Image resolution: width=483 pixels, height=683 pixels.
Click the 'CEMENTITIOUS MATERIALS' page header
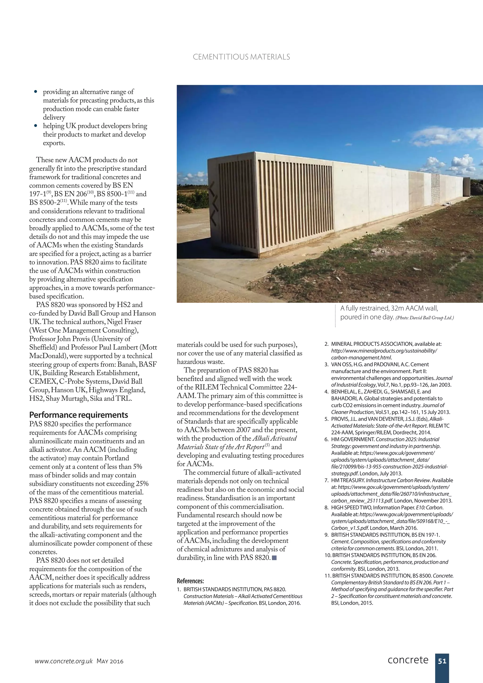tap(241, 57)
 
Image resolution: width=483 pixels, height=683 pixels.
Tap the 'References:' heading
tap(190, 581)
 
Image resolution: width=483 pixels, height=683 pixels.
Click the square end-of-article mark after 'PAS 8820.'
tap(274, 558)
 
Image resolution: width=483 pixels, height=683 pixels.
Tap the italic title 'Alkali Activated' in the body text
tap(274, 438)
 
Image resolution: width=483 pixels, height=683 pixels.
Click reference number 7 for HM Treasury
tap(326, 480)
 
